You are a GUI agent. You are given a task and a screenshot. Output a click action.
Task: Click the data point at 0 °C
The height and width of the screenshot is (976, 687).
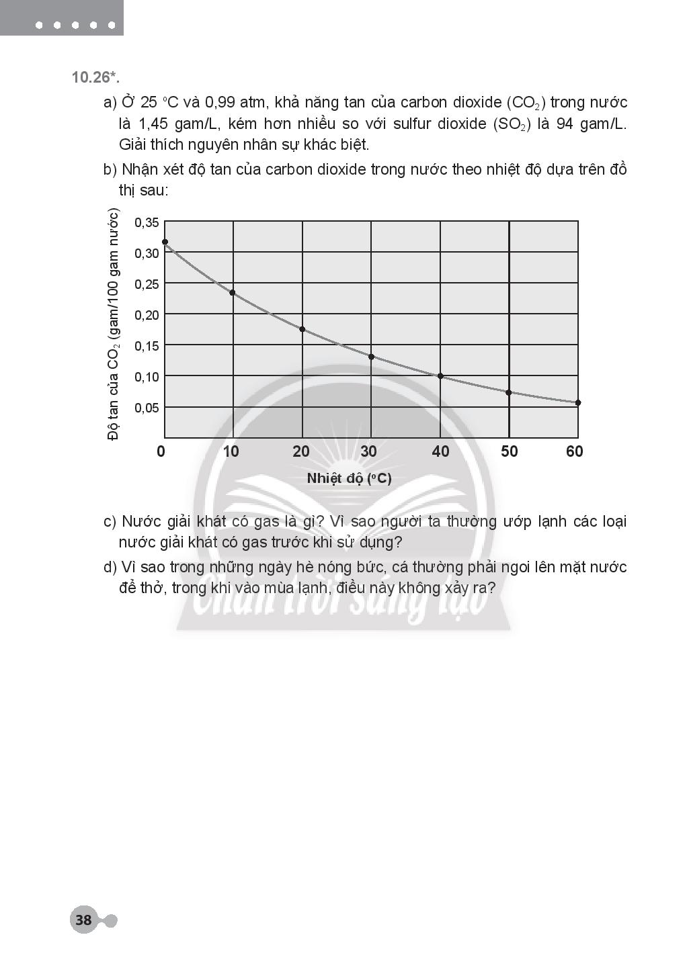click(x=165, y=242)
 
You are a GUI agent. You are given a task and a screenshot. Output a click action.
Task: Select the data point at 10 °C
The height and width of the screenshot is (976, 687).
click(x=233, y=292)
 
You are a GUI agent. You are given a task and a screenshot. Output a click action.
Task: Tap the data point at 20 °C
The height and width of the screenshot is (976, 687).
click(x=302, y=329)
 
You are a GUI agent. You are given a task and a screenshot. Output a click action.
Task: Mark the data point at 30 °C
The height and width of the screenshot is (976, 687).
click(x=371, y=357)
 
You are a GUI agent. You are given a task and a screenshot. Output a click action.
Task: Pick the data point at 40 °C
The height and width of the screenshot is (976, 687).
click(x=440, y=376)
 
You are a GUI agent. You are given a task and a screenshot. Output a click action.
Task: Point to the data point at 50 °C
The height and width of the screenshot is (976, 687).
click(x=509, y=392)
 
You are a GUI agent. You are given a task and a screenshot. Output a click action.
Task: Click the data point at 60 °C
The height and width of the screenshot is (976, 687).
click(x=578, y=403)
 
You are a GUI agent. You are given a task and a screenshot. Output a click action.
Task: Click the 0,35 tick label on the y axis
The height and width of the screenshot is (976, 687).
click(x=147, y=222)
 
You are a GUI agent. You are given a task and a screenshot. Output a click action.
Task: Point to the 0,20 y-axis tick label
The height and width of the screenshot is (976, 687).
click(x=147, y=315)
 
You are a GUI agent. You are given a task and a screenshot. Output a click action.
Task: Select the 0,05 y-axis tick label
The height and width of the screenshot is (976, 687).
click(x=147, y=408)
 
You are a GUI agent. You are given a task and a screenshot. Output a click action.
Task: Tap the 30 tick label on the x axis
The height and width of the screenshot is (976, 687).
click(x=369, y=451)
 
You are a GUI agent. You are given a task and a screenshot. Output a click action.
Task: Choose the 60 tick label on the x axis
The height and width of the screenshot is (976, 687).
click(x=575, y=451)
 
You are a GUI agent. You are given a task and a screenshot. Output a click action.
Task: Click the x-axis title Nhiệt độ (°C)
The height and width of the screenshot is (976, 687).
click(x=349, y=479)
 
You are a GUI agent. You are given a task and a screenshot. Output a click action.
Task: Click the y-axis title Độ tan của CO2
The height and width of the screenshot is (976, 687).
click(x=114, y=325)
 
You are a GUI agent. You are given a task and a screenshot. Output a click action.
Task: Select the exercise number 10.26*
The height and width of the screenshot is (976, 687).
click(x=95, y=77)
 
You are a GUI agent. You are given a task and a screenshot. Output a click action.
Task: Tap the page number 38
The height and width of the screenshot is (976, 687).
click(x=83, y=920)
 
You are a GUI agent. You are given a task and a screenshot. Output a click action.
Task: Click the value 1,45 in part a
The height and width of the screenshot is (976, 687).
click(x=153, y=124)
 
